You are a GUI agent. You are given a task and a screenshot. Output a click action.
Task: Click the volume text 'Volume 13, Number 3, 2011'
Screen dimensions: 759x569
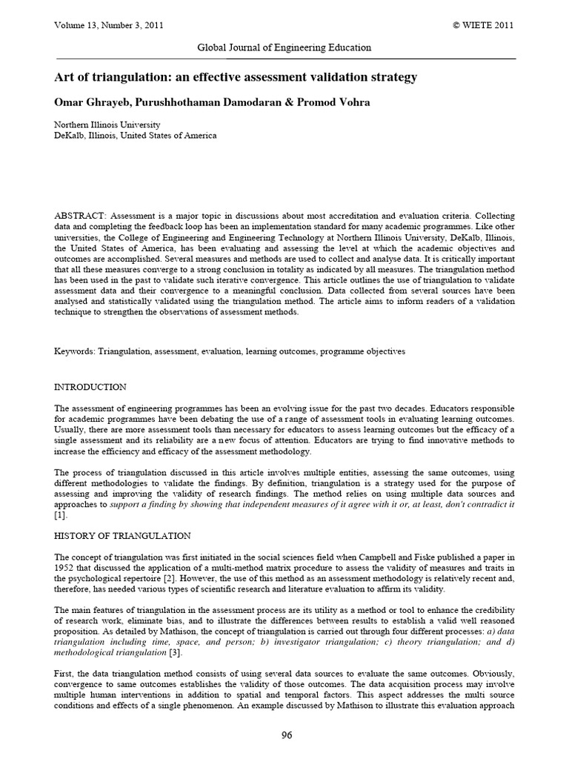click(109, 25)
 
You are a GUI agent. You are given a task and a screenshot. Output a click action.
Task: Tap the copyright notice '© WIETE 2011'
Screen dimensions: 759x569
click(483, 25)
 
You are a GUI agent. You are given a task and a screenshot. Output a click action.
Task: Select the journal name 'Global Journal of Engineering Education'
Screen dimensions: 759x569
click(284, 47)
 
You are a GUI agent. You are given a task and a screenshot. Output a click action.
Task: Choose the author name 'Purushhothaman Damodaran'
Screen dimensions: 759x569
click(209, 102)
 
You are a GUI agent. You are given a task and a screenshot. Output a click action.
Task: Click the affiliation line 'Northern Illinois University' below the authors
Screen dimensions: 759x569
click(107, 125)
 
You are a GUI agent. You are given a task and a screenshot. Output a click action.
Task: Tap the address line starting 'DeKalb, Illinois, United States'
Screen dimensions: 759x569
click(136, 136)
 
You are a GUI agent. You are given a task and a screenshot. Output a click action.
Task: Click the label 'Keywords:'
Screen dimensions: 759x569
click(75, 351)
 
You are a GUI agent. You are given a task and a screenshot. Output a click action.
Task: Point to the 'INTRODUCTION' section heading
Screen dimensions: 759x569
click(90, 387)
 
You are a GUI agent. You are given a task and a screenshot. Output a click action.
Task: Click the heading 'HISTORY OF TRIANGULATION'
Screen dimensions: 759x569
click(123, 535)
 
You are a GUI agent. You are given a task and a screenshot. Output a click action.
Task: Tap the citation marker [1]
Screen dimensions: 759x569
click(61, 514)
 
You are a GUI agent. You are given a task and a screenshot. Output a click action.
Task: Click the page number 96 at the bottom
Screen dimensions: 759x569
click(284, 735)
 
